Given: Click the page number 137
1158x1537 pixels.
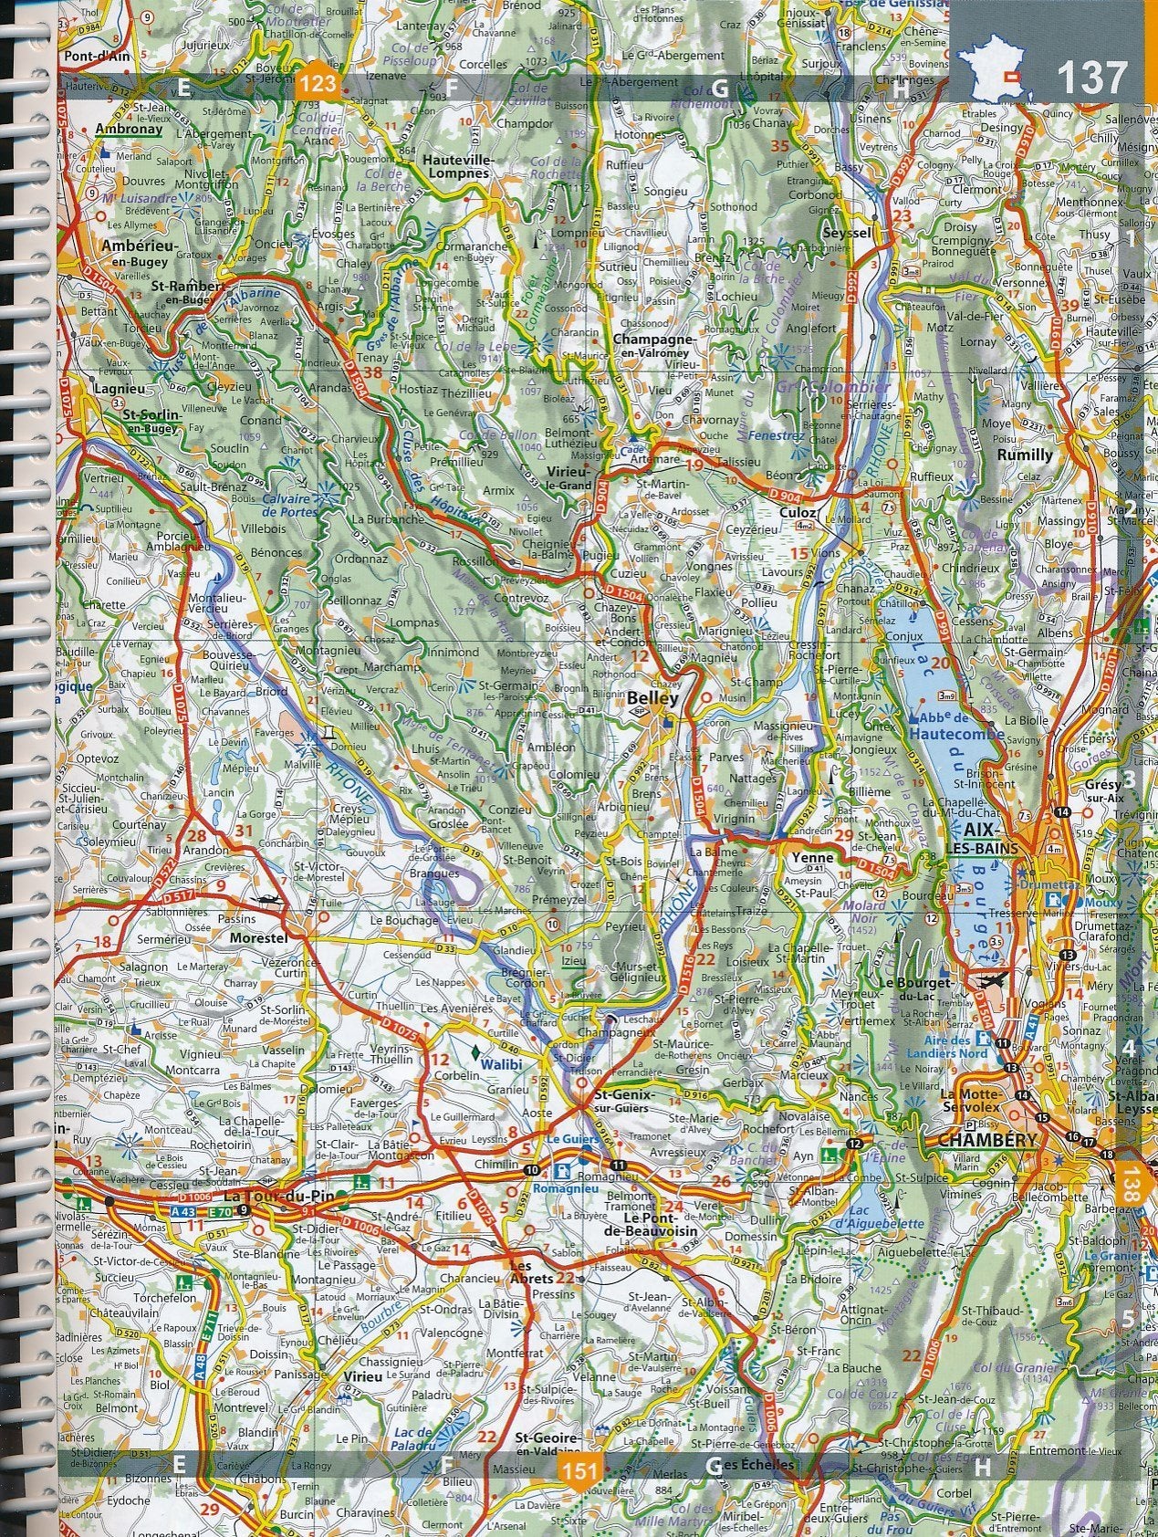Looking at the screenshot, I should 1092,78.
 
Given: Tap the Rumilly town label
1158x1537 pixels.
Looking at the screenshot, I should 1025,455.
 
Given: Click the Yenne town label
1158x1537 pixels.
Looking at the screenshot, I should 812,858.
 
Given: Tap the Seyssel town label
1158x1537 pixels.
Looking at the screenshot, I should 847,234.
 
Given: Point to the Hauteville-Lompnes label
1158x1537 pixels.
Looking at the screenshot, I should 459,165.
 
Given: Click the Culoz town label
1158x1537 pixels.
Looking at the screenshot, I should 796,513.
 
